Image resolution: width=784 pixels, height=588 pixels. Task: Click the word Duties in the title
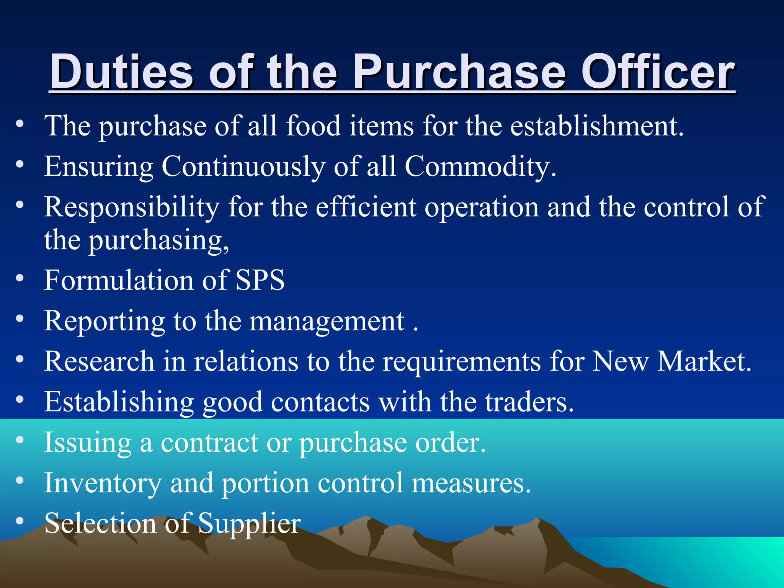pyautogui.click(x=122, y=72)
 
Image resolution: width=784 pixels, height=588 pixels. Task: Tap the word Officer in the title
pyautogui.click(x=658, y=72)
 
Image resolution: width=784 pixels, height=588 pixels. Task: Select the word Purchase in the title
pyautogui.click(x=459, y=72)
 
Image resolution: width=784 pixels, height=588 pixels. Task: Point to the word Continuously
pyautogui.click(x=243, y=167)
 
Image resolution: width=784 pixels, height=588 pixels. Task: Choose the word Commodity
pyautogui.click(x=480, y=167)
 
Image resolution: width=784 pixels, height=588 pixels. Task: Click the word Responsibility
pyautogui.click(x=132, y=207)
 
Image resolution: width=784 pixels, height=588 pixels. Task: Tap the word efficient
pyautogui.click(x=366, y=207)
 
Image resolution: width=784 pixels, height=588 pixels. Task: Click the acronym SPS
pyautogui.click(x=260, y=280)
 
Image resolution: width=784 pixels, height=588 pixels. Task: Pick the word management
pyautogui.click(x=327, y=321)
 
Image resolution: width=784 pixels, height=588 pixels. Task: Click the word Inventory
pyautogui.click(x=103, y=483)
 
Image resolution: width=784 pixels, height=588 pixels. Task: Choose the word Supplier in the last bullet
pyautogui.click(x=249, y=524)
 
